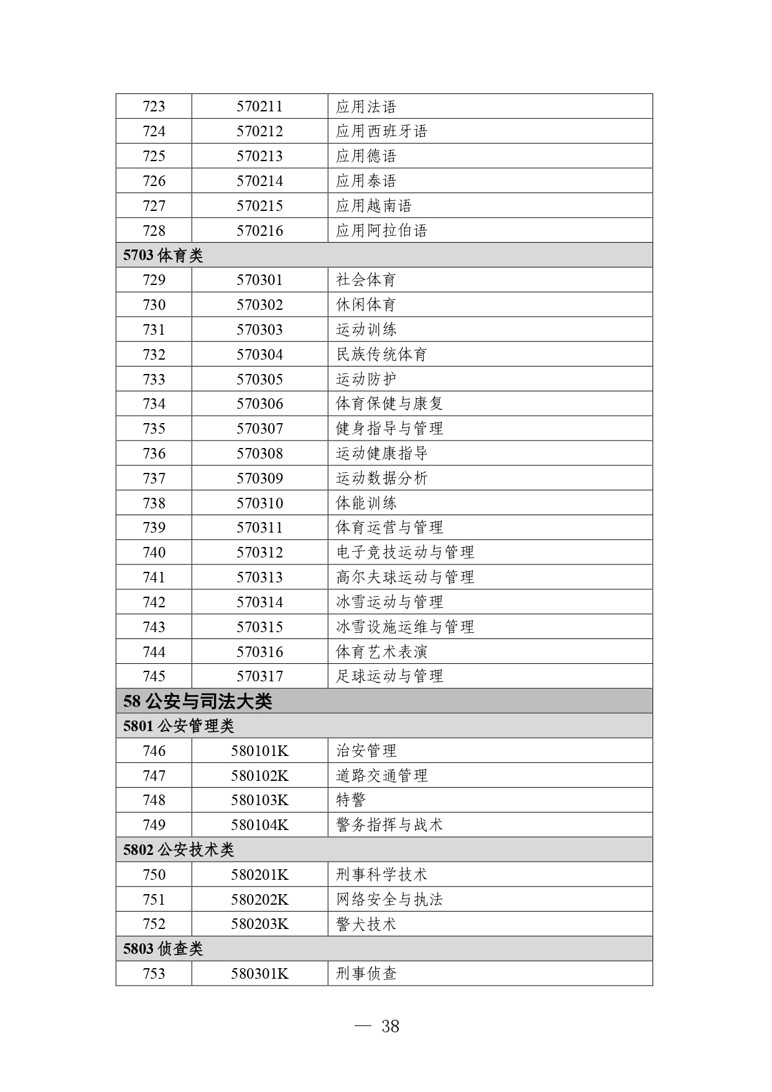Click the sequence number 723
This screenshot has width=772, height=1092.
coord(154,106)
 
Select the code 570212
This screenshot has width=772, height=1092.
coord(259,131)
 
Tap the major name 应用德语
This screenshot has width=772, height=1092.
coord(366,156)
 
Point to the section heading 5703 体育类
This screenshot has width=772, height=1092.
coord(163,256)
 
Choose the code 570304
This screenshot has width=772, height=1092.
coord(259,355)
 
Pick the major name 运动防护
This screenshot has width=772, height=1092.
coord(366,380)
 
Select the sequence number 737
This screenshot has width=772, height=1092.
coord(154,478)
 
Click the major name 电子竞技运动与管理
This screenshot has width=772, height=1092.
coord(405,553)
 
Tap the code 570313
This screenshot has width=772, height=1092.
coord(259,577)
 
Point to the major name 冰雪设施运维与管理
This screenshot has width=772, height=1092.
coord(405,627)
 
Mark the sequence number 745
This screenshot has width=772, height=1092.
coord(154,676)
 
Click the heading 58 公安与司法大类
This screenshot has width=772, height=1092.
coord(198,701)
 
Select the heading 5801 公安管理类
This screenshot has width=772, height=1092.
coord(179,726)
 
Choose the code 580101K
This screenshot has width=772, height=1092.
coord(259,751)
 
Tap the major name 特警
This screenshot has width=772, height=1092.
coord(351,800)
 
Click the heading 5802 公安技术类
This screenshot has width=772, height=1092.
coord(179,850)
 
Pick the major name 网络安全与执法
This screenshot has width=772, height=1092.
coord(389,900)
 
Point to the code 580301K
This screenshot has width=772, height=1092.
coord(259,974)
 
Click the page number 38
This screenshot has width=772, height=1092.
coord(390,1026)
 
